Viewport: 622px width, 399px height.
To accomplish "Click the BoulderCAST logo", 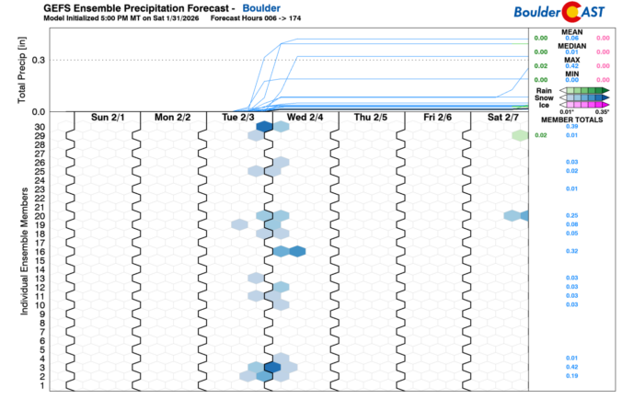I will pyautogui.click(x=572, y=12).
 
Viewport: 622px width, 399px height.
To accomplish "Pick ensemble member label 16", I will pyautogui.click(x=40, y=251).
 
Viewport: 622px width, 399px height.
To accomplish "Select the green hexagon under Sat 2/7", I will pyautogui.click(x=520, y=135).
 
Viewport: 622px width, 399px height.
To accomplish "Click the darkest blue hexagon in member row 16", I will pyautogui.click(x=296, y=251).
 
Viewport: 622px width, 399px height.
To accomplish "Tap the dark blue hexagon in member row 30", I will pyautogui.click(x=263, y=127).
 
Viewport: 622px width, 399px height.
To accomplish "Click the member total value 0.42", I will pyautogui.click(x=570, y=367).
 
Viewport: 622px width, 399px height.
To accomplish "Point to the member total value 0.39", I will pyautogui.click(x=570, y=126).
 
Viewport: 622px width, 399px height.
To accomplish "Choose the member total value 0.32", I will pyautogui.click(x=570, y=251).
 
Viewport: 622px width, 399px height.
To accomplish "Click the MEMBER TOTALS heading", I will pyautogui.click(x=570, y=119).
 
